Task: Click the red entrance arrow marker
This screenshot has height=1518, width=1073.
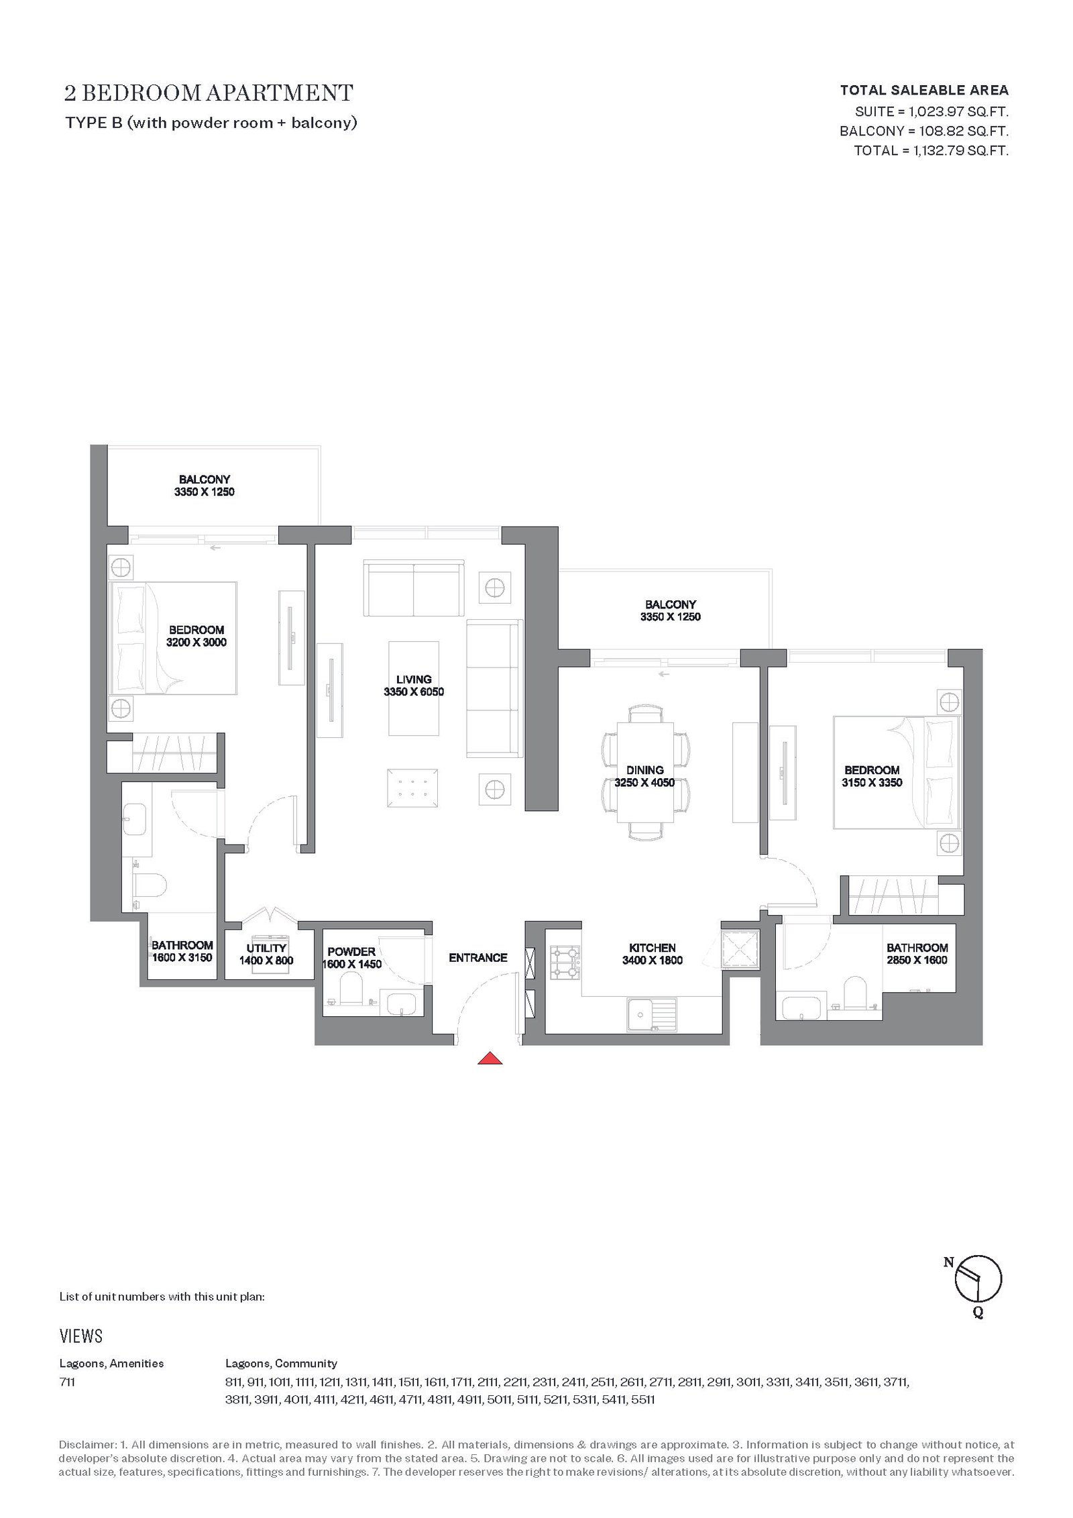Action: [x=491, y=1058]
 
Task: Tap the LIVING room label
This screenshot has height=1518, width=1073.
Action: [x=414, y=686]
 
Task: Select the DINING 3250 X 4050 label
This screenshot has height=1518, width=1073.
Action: [x=645, y=776]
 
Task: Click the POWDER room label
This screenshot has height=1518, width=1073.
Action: [x=352, y=958]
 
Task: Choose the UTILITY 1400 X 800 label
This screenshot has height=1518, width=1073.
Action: [x=266, y=954]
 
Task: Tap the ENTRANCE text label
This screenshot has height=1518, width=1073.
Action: [x=478, y=957]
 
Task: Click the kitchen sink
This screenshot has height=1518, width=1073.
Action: [x=652, y=1014]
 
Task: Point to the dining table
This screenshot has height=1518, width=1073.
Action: [x=645, y=771]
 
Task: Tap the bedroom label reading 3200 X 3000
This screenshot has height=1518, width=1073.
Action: [x=196, y=636]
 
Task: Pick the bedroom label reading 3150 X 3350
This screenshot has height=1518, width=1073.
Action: [x=872, y=776]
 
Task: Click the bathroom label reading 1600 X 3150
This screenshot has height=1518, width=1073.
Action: [x=182, y=951]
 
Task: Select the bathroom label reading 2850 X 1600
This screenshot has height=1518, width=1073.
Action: [x=917, y=954]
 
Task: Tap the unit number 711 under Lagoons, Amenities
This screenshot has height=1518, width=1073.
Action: [x=67, y=1382]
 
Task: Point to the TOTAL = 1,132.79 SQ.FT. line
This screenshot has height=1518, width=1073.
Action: [x=931, y=150]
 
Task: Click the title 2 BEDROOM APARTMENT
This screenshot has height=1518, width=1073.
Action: [x=209, y=93]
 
